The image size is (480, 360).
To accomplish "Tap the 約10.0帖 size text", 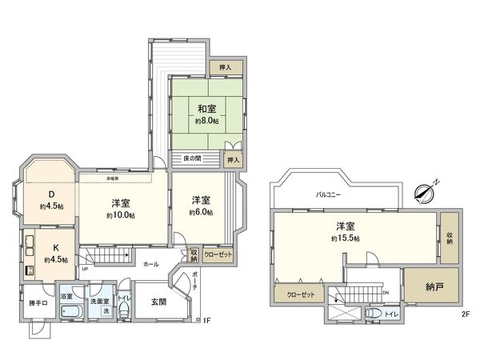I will point(122,215).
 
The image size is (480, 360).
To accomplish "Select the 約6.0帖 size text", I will point(201,212).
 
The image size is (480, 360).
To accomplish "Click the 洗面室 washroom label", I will point(98,302).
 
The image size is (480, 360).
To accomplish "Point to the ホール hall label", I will point(150,264).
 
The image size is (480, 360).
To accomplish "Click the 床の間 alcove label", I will point(191,158).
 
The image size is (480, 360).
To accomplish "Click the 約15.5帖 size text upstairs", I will point(346,238).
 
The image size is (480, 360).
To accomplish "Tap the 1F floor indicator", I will point(206,322).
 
